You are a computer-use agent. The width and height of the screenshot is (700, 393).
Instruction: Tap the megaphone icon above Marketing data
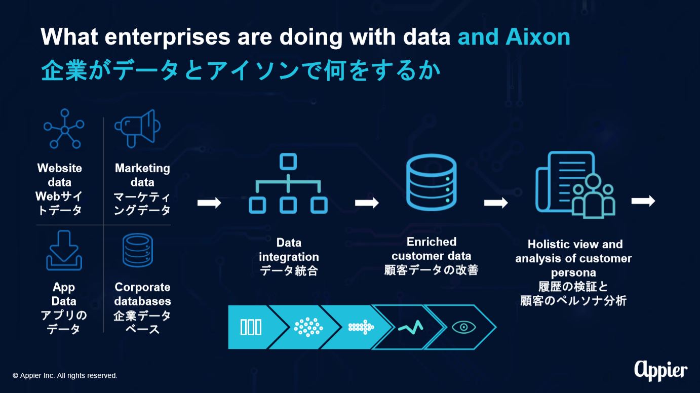pyautogui.click(x=137, y=129)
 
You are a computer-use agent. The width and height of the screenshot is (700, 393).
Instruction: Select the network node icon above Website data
pyautogui.click(x=64, y=129)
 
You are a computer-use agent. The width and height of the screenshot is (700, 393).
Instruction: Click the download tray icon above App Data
pyautogui.click(x=64, y=251)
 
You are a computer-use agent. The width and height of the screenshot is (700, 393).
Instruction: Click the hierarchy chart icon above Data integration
pyautogui.click(x=288, y=183)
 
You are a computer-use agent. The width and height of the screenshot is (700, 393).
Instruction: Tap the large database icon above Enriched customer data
pyautogui.click(x=431, y=182)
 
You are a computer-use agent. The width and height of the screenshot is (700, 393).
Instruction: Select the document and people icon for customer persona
pyautogui.click(x=575, y=185)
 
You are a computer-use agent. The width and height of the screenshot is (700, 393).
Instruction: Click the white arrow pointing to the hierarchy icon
pyautogui.click(x=209, y=203)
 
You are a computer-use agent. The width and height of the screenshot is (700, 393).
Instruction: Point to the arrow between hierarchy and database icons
pyautogui.click(x=367, y=203)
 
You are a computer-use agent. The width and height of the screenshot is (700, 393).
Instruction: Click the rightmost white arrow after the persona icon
pyautogui.click(x=643, y=201)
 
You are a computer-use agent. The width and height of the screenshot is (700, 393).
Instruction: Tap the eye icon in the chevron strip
pyautogui.click(x=464, y=327)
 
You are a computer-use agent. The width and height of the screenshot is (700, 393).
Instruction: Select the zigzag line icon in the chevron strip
pyautogui.click(x=411, y=327)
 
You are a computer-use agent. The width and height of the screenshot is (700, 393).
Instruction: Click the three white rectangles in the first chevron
pyautogui.click(x=251, y=327)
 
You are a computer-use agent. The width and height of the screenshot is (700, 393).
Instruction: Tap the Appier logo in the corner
pyautogui.click(x=660, y=371)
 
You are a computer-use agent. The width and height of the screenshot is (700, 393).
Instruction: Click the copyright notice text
pyautogui.click(x=65, y=375)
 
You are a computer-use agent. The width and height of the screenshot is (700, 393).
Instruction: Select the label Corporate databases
pyautogui.click(x=142, y=294)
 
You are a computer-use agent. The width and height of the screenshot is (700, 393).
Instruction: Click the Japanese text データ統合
pyautogui.click(x=289, y=270)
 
